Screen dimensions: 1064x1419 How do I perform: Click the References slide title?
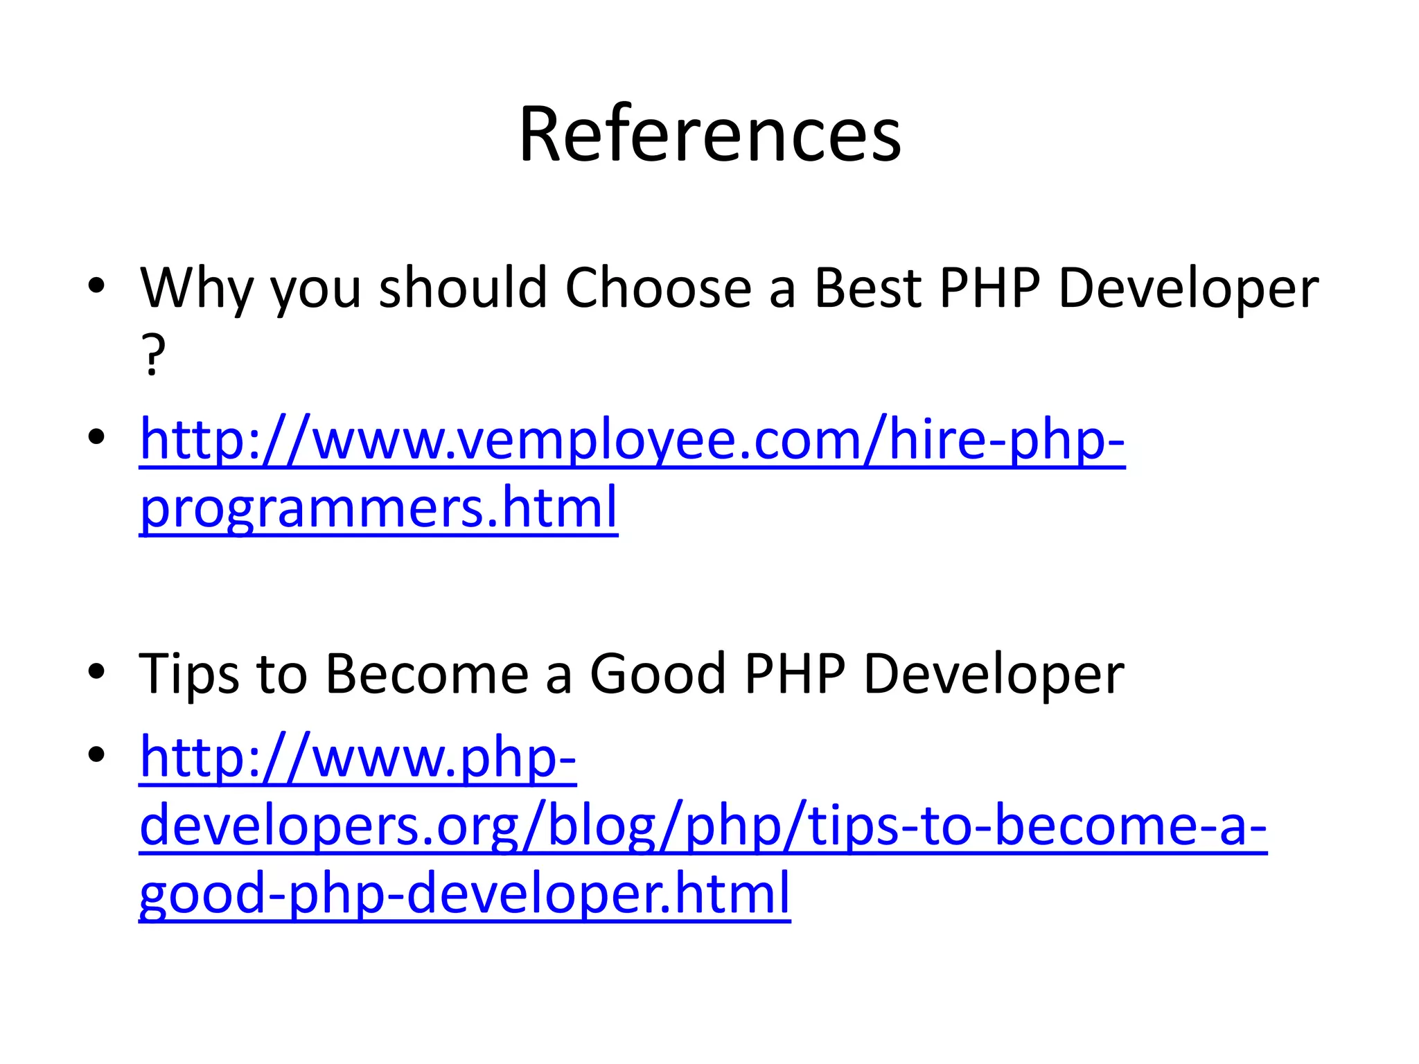(709, 134)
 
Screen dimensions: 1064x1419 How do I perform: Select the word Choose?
(658, 288)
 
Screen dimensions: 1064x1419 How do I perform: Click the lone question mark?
(153, 355)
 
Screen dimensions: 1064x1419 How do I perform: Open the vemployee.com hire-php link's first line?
(632, 441)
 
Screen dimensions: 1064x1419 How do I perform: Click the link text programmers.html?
(378, 508)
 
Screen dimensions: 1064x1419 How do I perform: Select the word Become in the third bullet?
(427, 673)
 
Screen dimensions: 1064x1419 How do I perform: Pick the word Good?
(658, 673)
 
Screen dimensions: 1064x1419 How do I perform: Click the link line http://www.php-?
(358, 758)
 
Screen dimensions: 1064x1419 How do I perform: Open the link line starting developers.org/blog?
(703, 826)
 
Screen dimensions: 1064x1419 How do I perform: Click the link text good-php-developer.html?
(464, 894)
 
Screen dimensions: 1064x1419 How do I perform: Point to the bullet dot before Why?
(96, 285)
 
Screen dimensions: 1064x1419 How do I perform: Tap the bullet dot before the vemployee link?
(96, 436)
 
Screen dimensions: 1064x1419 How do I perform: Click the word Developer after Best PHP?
(1188, 288)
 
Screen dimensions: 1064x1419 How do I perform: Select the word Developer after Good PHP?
(993, 673)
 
